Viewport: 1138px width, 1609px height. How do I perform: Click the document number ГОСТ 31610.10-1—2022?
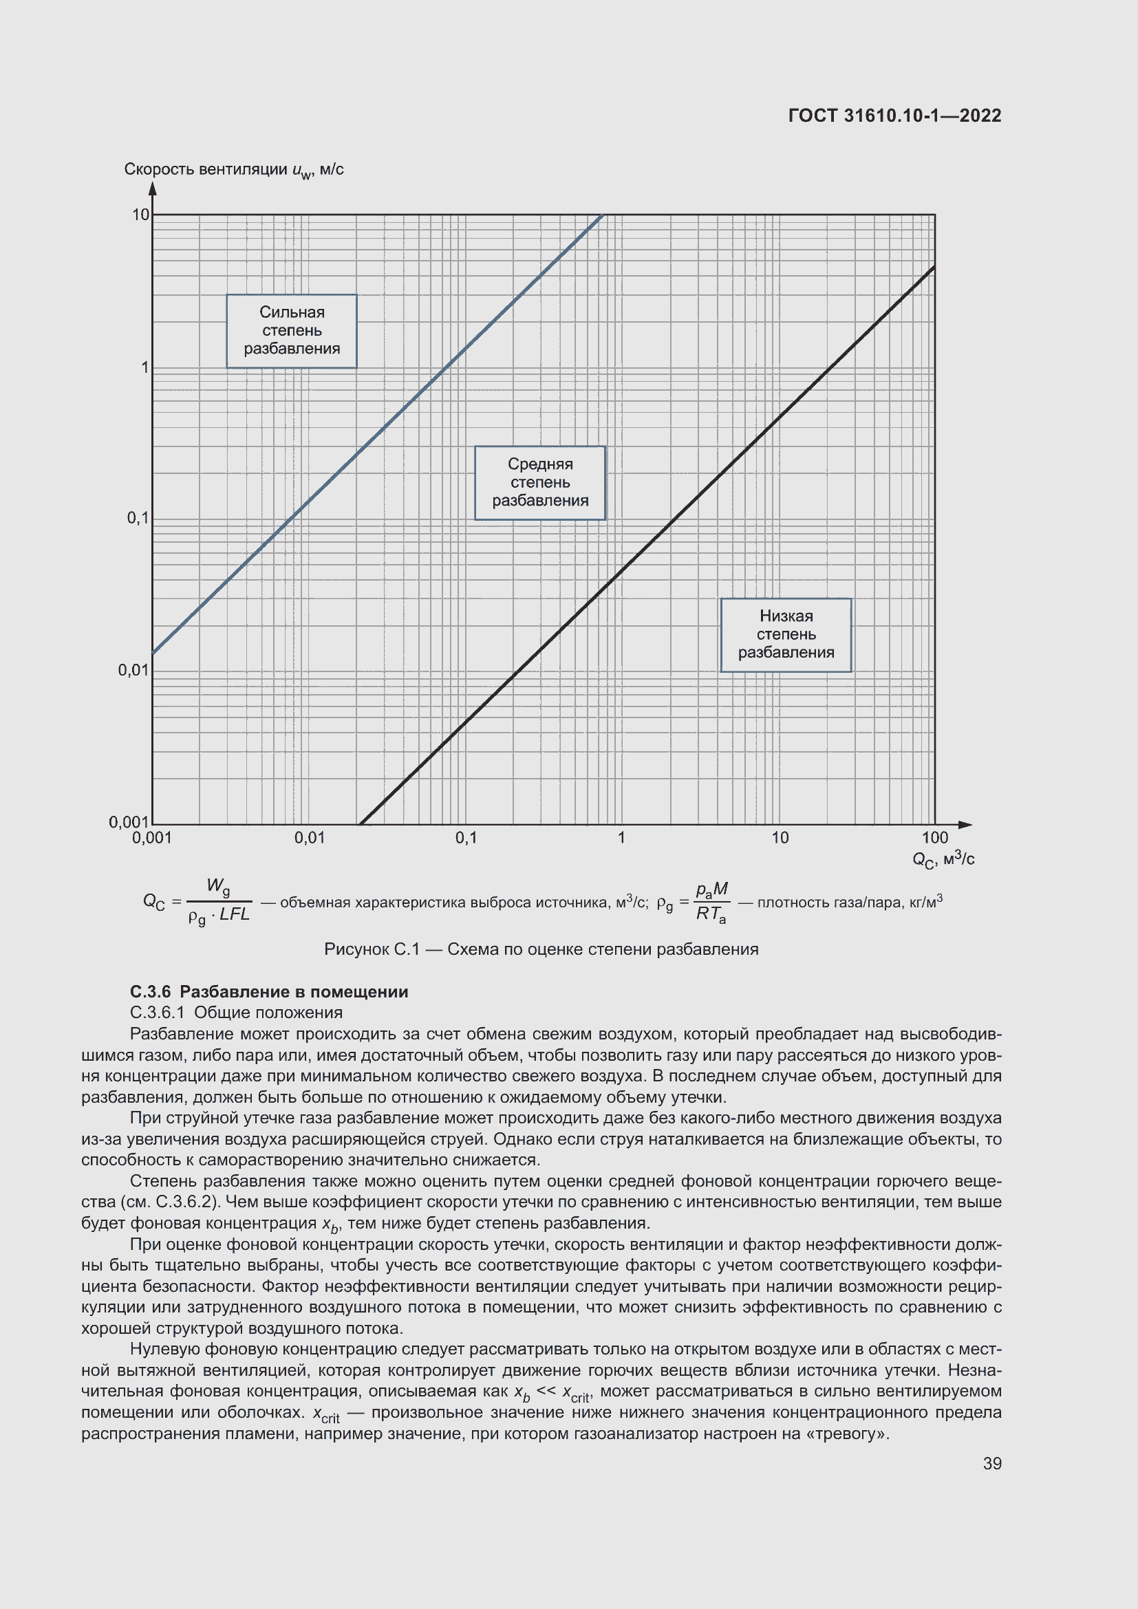coord(894,116)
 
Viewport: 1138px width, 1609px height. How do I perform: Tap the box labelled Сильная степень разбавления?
coord(292,331)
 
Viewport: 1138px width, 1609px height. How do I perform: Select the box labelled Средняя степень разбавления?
coord(539,483)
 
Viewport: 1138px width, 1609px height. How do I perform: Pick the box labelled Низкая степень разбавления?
coord(786,635)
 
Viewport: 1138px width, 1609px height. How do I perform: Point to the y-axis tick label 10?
coord(141,215)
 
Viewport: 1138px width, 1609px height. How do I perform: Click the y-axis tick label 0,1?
coord(138,519)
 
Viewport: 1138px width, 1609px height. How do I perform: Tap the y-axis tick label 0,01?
coord(133,671)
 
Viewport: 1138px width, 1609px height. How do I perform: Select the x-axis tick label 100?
coord(934,838)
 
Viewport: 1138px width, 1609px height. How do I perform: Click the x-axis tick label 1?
coord(621,838)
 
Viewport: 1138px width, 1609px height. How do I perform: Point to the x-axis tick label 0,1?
coord(466,838)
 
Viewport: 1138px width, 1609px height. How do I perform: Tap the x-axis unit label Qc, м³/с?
coord(943,860)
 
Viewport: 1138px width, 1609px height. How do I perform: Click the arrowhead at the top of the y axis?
coord(152,188)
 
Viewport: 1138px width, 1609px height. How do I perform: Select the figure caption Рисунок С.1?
coord(541,949)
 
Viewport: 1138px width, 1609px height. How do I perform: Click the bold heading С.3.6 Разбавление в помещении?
coord(269,992)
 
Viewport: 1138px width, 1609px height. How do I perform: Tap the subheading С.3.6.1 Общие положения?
coord(236,1013)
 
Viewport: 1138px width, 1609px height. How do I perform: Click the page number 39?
coord(991,1463)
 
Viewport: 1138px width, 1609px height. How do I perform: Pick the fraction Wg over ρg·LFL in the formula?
coord(219,902)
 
